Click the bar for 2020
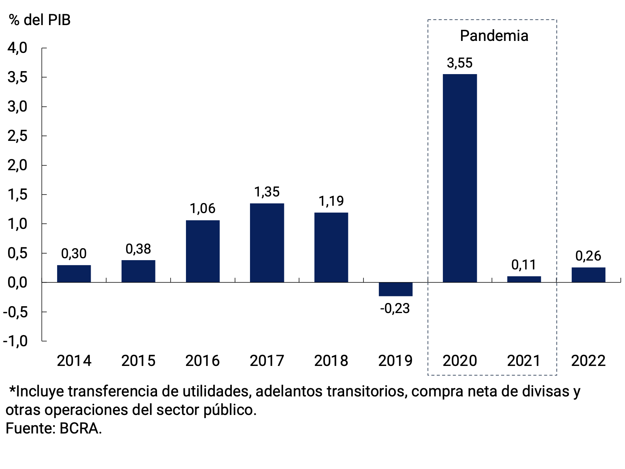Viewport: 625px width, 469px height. pos(459,178)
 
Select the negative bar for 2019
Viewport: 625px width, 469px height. pos(395,289)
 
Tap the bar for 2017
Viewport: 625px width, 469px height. pos(267,242)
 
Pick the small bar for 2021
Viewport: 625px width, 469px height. pos(524,279)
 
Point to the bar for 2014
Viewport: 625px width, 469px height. pos(74,273)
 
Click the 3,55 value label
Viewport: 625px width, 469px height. pos(459,63)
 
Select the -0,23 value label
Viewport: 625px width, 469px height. pos(395,308)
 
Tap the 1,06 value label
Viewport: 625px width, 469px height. pos(203,208)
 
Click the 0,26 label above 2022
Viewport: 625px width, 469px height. pos(588,256)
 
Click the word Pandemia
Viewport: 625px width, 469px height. pos(494,36)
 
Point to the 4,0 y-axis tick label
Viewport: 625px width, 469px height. pos(17,48)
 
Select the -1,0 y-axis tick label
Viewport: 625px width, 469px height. pos(15,341)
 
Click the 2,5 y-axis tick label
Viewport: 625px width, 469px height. pos(17,136)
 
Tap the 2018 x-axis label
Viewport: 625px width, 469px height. pos(331,361)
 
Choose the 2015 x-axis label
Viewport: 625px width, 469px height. pos(138,361)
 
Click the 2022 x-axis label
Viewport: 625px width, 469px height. pos(588,361)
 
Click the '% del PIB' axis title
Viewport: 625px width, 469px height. pos(40,20)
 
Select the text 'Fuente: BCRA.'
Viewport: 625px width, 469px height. pos(54,428)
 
